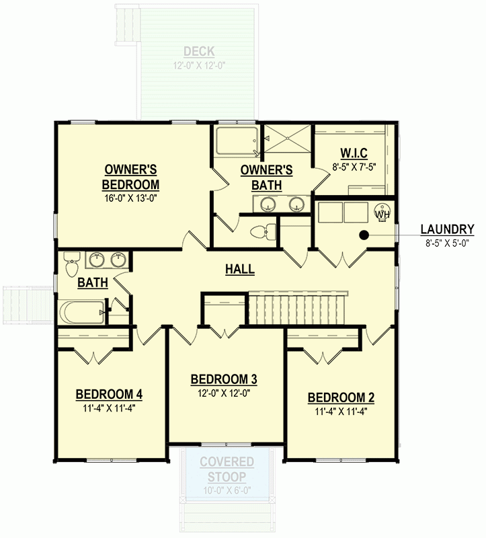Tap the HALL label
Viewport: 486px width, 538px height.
239,269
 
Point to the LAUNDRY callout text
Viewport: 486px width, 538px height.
447,229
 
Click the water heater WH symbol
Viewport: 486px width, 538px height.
382,213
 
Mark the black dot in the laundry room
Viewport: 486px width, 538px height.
364,235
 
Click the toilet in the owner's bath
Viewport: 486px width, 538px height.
262,232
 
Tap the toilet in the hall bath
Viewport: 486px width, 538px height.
71,267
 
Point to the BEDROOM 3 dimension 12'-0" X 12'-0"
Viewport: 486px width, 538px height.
225,393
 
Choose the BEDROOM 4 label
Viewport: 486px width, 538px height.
108,394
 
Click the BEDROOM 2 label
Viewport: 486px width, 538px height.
341,397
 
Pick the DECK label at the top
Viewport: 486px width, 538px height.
198,52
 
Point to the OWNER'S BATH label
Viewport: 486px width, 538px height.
266,177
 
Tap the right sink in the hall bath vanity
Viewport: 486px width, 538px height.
118,258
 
